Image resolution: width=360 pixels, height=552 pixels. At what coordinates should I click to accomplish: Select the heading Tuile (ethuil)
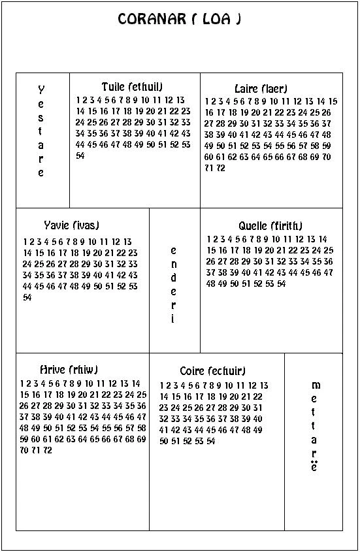(132, 87)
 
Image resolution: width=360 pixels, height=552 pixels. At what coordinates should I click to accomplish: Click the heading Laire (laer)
(261, 88)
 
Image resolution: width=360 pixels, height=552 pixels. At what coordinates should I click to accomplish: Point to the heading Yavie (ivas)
(72, 225)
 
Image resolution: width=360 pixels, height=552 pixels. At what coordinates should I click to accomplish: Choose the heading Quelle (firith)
(270, 226)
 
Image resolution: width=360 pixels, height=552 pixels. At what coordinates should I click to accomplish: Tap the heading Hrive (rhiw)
(60, 370)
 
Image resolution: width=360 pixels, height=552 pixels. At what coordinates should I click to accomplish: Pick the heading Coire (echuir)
(213, 371)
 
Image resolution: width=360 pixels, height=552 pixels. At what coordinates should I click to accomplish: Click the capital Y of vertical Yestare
(41, 89)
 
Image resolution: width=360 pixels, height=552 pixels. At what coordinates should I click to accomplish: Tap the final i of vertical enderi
(173, 319)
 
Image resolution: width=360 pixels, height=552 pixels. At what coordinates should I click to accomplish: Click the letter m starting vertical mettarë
(315, 385)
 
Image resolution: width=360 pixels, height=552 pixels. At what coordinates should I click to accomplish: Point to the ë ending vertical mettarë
(314, 467)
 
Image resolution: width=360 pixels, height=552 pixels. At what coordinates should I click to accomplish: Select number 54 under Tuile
(80, 156)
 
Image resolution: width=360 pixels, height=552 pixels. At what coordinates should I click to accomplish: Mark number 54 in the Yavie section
(27, 297)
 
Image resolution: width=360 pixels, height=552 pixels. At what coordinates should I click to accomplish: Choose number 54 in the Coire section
(211, 442)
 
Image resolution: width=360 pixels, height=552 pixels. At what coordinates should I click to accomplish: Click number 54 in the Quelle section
(282, 284)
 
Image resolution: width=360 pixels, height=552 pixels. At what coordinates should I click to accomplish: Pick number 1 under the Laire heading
(207, 101)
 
